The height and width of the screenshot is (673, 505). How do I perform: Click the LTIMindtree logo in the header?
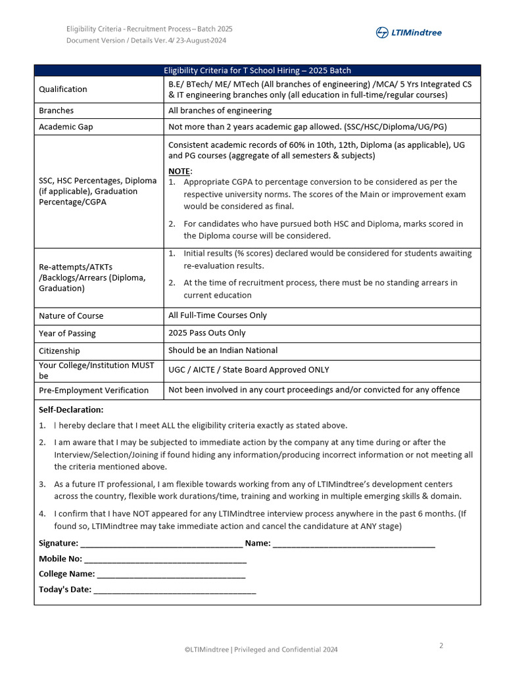pyautogui.click(x=408, y=33)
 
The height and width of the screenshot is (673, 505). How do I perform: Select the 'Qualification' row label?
pyautogui.click(x=63, y=89)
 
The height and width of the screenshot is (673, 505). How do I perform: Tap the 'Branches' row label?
pyautogui.click(x=57, y=110)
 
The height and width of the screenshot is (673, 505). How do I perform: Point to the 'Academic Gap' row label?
pyautogui.click(x=66, y=127)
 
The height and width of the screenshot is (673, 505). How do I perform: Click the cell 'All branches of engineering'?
pyautogui.click(x=220, y=110)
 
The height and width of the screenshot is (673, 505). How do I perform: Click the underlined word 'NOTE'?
pyautogui.click(x=180, y=171)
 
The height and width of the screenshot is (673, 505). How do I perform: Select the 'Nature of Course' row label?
pyautogui.click(x=71, y=315)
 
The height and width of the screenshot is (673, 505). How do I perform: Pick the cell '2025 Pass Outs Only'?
pyautogui.click(x=207, y=333)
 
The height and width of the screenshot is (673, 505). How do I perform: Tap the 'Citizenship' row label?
pyautogui.click(x=59, y=351)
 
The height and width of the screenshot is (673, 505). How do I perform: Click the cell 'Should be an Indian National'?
pyautogui.click(x=223, y=350)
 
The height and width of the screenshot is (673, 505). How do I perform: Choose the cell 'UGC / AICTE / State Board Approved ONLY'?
pyautogui.click(x=249, y=369)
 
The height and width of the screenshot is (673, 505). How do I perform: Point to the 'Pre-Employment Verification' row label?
pyautogui.click(x=93, y=390)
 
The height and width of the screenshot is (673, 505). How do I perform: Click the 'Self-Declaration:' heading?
pyautogui.click(x=71, y=409)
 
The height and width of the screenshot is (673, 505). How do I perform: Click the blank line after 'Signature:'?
pyautogui.click(x=161, y=544)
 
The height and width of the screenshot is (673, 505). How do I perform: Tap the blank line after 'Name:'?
pyautogui.click(x=354, y=544)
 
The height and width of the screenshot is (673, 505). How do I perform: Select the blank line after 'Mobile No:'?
pyautogui.click(x=165, y=559)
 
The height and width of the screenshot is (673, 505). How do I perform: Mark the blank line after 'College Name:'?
pyautogui.click(x=171, y=574)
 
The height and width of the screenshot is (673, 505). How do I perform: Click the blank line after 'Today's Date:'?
pyautogui.click(x=174, y=590)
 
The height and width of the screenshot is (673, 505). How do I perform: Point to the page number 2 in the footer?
pyautogui.click(x=441, y=645)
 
